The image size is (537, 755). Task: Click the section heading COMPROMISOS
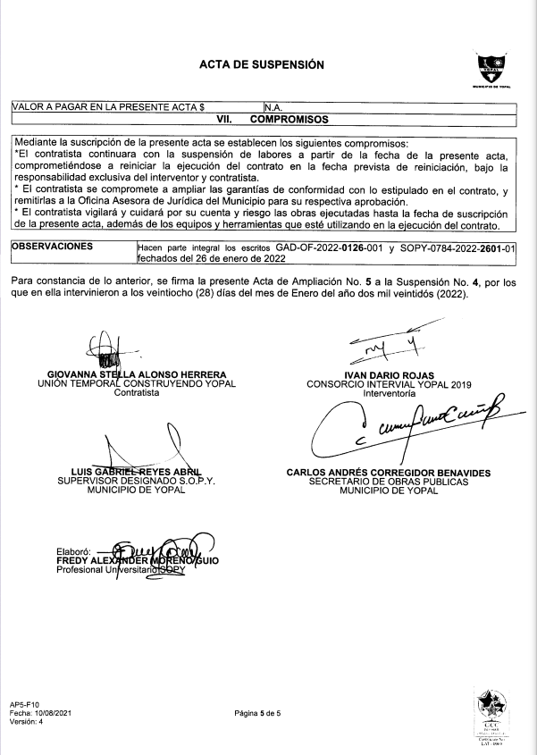click(x=288, y=118)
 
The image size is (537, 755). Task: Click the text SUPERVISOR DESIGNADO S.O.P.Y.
click(x=138, y=481)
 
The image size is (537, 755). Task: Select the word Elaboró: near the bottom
click(x=74, y=550)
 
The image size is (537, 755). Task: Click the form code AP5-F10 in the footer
click(x=26, y=702)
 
